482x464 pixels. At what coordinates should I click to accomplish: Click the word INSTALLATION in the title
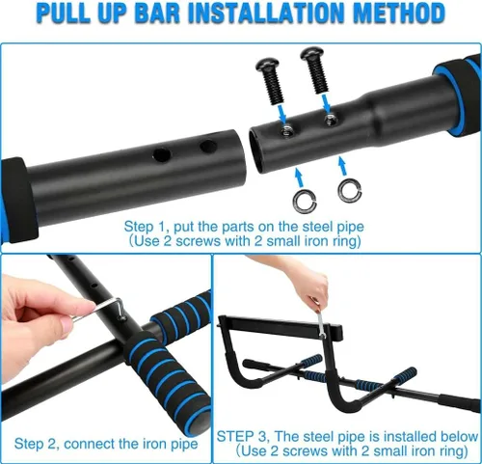pyautogui.click(x=267, y=13)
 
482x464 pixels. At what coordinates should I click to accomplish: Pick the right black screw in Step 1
pyautogui.click(x=315, y=69)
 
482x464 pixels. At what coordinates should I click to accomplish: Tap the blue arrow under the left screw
pyautogui.click(x=281, y=115)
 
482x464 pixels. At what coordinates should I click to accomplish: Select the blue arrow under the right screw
pyautogui.click(x=326, y=103)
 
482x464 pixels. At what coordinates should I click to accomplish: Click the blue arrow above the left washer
pyautogui.click(x=299, y=177)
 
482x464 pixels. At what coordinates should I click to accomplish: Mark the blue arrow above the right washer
pyautogui.click(x=343, y=166)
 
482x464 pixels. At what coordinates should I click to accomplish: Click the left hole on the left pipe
pyautogui.click(x=162, y=154)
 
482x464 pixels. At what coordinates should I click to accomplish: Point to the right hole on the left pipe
pyautogui.click(x=208, y=147)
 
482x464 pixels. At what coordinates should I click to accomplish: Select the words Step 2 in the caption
pyautogui.click(x=36, y=444)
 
